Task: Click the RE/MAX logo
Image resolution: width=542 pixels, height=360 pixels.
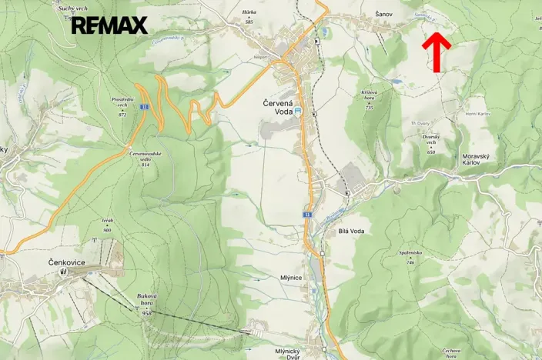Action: (109, 25)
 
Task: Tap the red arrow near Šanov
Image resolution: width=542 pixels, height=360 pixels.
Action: (437, 52)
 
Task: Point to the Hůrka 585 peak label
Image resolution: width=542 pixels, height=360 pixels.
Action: (249, 17)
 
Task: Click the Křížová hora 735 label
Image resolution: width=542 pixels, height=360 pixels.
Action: (369, 99)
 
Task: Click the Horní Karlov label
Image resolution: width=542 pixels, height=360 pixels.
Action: (477, 114)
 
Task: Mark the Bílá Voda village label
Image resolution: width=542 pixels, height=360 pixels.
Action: (350, 230)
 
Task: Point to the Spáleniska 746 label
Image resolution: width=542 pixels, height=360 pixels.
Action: (410, 256)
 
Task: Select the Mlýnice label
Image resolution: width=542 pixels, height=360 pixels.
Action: (290, 278)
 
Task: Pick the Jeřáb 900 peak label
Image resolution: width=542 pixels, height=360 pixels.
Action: (107, 225)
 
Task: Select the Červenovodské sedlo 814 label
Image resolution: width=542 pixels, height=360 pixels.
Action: (139, 158)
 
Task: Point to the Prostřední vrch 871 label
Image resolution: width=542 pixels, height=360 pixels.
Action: (122, 105)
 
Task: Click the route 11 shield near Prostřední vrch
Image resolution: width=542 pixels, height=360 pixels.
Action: (143, 107)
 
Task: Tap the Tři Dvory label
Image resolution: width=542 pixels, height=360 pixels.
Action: (420, 123)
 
